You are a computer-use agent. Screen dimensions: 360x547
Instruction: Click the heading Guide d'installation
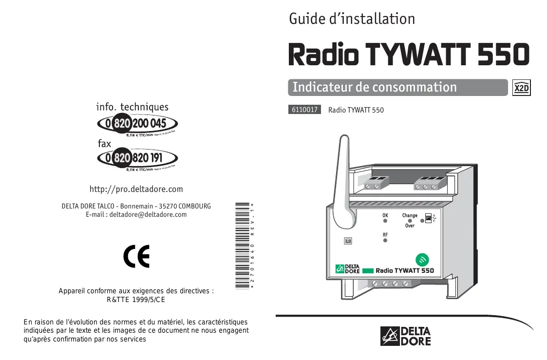point(352,19)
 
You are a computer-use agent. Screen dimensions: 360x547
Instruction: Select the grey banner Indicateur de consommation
point(375,87)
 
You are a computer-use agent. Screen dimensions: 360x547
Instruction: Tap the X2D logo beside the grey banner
point(522,88)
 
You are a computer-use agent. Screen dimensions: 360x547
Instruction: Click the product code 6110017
point(304,110)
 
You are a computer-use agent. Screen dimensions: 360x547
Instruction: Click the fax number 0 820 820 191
point(138,158)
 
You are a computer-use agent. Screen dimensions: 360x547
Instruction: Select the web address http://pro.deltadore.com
point(136,189)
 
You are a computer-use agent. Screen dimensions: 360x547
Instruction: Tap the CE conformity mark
point(136,257)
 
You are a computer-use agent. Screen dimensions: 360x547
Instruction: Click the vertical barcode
point(242,245)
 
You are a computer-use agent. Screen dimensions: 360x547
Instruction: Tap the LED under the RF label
point(385,241)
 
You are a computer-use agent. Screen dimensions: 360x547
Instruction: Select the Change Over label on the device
point(410,220)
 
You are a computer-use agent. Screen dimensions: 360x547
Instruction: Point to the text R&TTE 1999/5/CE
point(136,300)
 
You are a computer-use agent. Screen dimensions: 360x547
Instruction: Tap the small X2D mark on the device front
point(348,241)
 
